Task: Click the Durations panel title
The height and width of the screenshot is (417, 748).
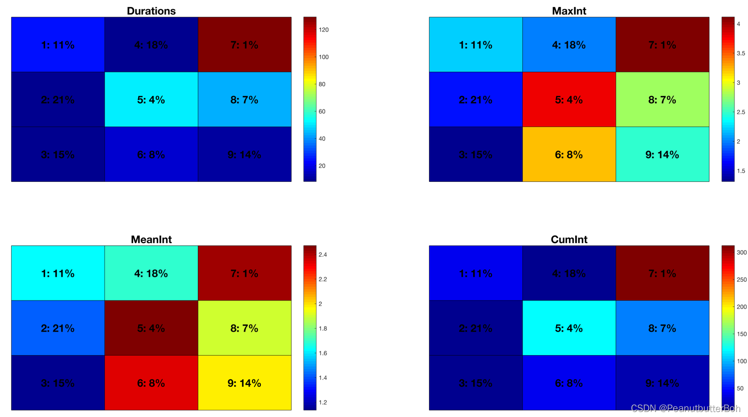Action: [x=151, y=11]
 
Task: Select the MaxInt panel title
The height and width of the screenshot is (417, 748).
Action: [x=569, y=11]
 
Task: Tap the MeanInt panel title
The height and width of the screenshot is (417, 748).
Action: [x=151, y=239]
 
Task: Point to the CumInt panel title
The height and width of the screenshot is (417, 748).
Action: [x=569, y=239]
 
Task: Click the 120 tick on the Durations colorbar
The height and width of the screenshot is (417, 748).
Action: [x=324, y=30]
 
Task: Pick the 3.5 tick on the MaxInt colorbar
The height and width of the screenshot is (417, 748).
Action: [x=740, y=53]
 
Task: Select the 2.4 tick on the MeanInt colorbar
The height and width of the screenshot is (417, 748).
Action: [x=323, y=255]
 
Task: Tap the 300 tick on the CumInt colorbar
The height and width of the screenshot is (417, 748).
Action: [x=741, y=253]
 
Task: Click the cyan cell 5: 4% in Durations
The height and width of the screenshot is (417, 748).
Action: [x=151, y=99]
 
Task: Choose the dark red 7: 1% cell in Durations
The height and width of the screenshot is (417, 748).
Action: [x=244, y=45]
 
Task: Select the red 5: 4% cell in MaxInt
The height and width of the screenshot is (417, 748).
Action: [x=569, y=99]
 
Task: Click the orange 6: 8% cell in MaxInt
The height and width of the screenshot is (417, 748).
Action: [x=569, y=154]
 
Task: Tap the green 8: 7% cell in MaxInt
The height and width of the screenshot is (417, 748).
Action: [x=662, y=99]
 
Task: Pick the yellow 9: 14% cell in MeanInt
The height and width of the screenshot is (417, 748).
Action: [x=244, y=383]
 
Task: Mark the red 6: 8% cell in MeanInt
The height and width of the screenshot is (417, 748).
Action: [x=151, y=383]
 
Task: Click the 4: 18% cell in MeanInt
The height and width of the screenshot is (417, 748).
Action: [x=151, y=273]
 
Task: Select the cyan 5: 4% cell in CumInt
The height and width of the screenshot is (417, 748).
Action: [x=569, y=328]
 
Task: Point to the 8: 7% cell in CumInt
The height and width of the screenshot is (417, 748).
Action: [x=662, y=328]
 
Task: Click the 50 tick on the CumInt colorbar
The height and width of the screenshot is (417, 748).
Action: [x=740, y=388]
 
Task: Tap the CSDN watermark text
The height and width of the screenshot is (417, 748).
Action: [x=685, y=408]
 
